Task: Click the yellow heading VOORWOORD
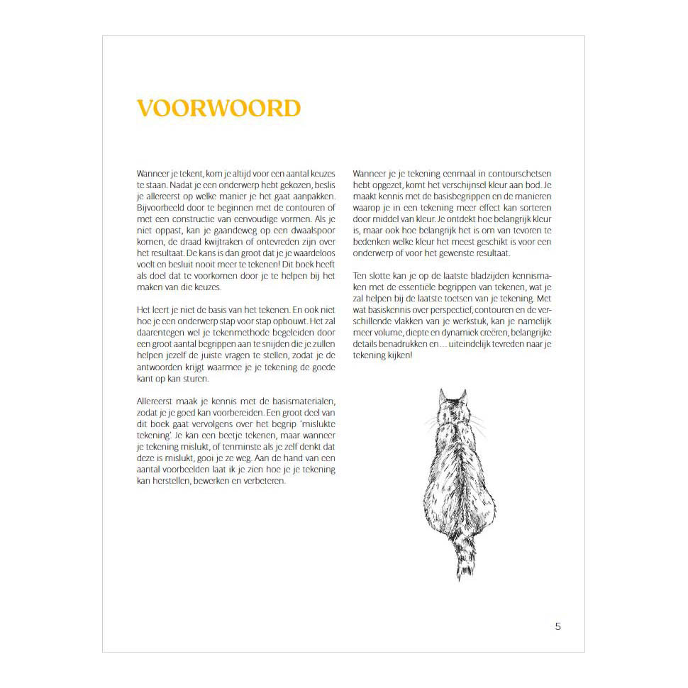pyautogui.click(x=218, y=109)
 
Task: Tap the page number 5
pyautogui.click(x=558, y=626)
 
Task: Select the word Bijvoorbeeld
pyautogui.click(x=162, y=208)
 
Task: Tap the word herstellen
pyautogui.click(x=169, y=481)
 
